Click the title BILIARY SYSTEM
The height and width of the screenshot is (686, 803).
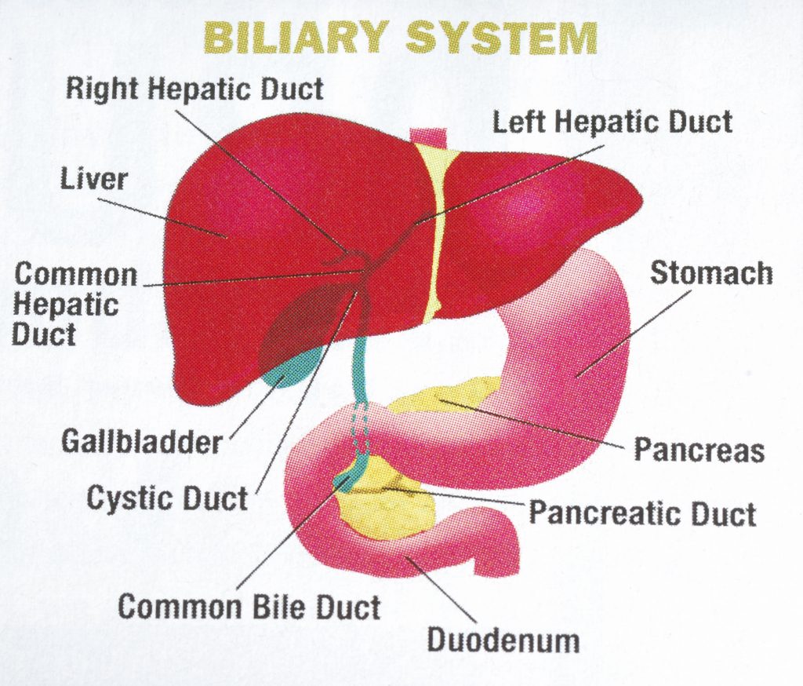(x=401, y=38)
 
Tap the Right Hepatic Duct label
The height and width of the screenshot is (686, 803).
(x=194, y=88)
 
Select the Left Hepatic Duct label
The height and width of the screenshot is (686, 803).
(x=612, y=122)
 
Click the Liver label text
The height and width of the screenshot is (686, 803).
(x=93, y=179)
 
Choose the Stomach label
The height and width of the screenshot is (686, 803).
(x=711, y=273)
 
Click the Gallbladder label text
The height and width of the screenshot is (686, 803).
(x=142, y=442)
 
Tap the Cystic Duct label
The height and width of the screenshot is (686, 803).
(x=167, y=498)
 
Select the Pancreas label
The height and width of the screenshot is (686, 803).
(x=699, y=451)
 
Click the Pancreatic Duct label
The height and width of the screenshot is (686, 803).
(x=642, y=513)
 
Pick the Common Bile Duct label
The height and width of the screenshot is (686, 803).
(x=249, y=607)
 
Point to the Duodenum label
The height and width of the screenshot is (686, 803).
(x=503, y=640)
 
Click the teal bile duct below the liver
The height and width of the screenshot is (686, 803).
(x=362, y=361)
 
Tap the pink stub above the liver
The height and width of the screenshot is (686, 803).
(x=427, y=136)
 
